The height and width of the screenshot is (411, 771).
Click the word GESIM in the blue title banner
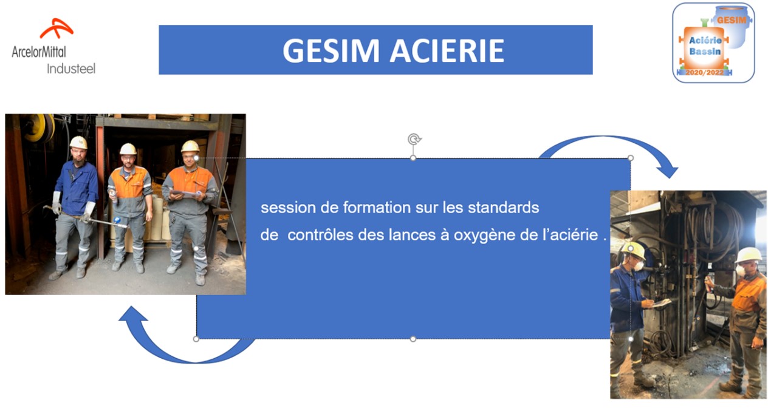pyautogui.click(x=331, y=50)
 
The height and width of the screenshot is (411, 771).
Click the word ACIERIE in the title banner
pyautogui.click(x=447, y=50)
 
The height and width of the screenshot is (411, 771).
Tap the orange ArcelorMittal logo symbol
pyautogui.click(x=57, y=28)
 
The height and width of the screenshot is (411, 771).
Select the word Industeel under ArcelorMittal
pyautogui.click(x=71, y=69)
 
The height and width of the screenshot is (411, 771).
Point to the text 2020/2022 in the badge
pyautogui.click(x=704, y=73)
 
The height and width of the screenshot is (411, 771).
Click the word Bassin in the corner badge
pyautogui.click(x=705, y=52)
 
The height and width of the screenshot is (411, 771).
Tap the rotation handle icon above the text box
pyautogui.click(x=414, y=139)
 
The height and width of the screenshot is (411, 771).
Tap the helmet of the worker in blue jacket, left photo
pyautogui.click(x=78, y=143)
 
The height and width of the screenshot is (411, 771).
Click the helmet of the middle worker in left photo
pyautogui.click(x=128, y=149)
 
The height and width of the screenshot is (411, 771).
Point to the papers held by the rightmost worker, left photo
pyautogui.click(x=185, y=194)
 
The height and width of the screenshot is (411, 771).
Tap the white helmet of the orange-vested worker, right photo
pyautogui.click(x=749, y=255)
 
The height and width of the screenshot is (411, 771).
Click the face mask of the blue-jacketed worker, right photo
pyautogui.click(x=639, y=265)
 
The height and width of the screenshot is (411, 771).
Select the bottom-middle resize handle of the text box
pyautogui.click(x=413, y=339)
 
